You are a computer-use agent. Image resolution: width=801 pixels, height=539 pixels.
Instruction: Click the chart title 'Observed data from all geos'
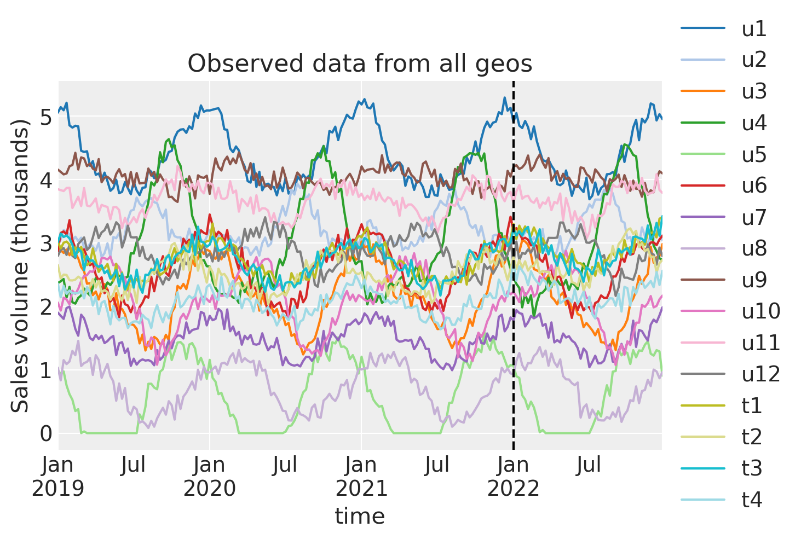click(x=360, y=64)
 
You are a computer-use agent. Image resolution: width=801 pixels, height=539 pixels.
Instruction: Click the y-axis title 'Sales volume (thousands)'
click(x=21, y=265)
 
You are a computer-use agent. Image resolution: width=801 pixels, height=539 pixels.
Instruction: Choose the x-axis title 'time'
click(x=360, y=516)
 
